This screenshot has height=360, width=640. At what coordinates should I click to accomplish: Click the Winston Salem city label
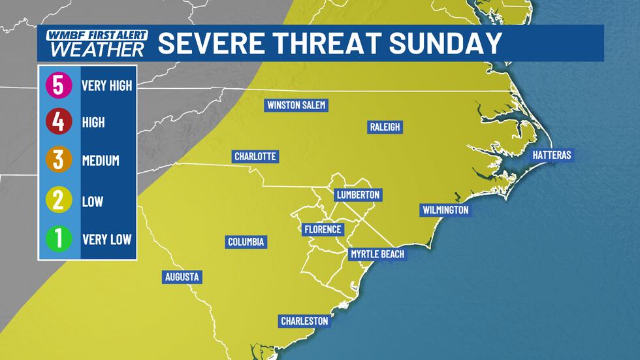point(296,105)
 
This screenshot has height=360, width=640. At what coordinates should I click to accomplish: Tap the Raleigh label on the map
point(385,127)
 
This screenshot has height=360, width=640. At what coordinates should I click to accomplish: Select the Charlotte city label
point(256,157)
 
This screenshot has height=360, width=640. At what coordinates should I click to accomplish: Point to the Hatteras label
point(552,155)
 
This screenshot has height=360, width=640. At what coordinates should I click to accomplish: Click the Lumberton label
point(357,195)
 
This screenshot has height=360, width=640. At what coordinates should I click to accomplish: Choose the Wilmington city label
point(445,210)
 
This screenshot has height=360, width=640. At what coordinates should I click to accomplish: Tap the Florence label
point(323,229)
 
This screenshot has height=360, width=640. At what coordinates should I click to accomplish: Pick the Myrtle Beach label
point(377,254)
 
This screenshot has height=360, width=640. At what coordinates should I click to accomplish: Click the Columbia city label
point(246,242)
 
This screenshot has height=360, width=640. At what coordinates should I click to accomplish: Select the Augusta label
point(182,277)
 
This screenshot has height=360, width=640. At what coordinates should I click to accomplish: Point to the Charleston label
point(304,321)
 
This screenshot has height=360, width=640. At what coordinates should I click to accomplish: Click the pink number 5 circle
point(59,86)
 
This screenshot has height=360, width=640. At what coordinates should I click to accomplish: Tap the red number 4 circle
point(59,122)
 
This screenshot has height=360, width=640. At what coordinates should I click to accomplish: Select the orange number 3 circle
point(59,160)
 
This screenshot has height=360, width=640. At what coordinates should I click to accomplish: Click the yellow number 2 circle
point(59,200)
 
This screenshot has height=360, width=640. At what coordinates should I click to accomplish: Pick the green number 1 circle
point(59,238)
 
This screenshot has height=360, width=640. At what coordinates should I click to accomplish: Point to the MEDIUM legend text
point(101,161)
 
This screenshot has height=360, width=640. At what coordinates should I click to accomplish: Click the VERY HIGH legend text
point(107,86)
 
